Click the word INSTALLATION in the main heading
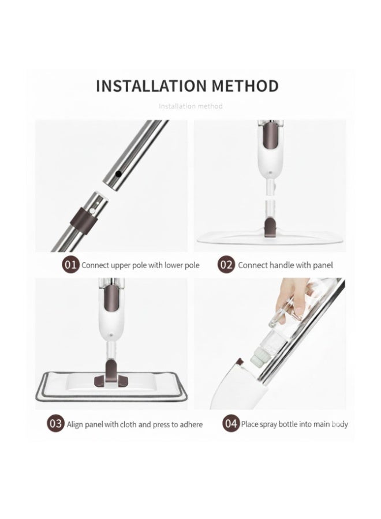(x=151, y=86)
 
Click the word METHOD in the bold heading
(x=245, y=86)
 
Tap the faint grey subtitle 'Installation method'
(x=190, y=106)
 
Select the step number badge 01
(x=70, y=265)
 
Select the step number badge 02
(x=226, y=265)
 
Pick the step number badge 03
(x=55, y=423)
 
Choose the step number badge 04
(x=231, y=423)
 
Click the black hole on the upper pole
(x=118, y=174)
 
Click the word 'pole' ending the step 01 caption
(x=192, y=265)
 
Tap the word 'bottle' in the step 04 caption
(x=287, y=424)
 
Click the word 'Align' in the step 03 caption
(x=75, y=424)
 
